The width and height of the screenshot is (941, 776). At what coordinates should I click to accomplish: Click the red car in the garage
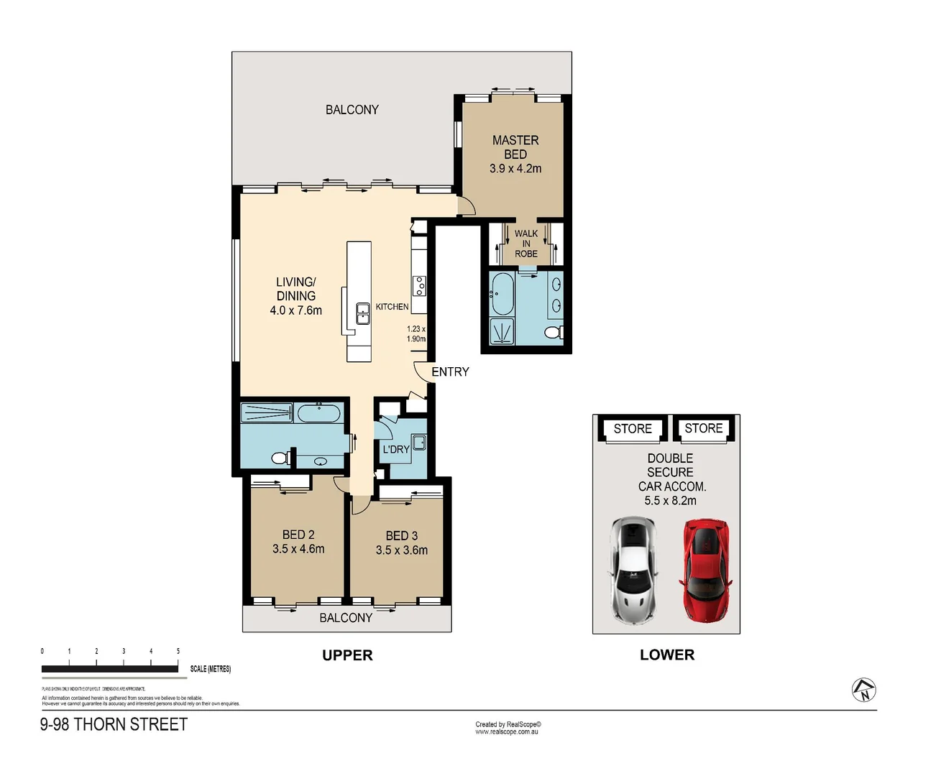coord(706,571)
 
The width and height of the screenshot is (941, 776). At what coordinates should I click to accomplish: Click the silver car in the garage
coord(633,571)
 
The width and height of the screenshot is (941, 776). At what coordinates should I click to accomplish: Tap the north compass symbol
coord(863,690)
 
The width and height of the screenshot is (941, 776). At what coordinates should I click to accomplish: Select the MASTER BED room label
coord(515,147)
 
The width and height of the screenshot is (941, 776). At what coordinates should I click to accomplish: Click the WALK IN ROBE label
coord(526,244)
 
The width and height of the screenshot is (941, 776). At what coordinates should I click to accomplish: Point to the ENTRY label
coord(450,371)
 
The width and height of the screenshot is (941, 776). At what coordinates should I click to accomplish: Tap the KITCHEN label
coord(392,307)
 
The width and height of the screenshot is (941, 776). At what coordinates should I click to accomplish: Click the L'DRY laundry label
coord(396,449)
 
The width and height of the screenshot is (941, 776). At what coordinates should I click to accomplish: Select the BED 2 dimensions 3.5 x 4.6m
coord(298,549)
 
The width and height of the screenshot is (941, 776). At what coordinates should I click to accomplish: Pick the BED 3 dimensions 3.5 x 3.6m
coord(401,550)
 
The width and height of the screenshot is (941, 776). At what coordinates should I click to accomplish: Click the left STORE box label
coord(633,429)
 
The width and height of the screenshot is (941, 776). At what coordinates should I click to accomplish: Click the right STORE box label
coord(703,428)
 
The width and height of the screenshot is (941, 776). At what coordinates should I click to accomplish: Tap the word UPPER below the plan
coord(347,655)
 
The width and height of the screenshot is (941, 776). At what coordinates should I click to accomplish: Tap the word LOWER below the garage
coord(667,655)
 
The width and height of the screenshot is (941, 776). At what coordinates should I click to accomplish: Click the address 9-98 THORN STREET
coord(114,724)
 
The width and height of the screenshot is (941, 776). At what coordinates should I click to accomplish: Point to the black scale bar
coord(110,669)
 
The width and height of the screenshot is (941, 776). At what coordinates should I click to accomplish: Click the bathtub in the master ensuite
coord(502,294)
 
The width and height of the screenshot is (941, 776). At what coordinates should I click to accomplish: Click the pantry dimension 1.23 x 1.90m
coord(416,333)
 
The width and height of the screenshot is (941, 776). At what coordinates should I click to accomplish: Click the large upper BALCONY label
coord(352,110)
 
